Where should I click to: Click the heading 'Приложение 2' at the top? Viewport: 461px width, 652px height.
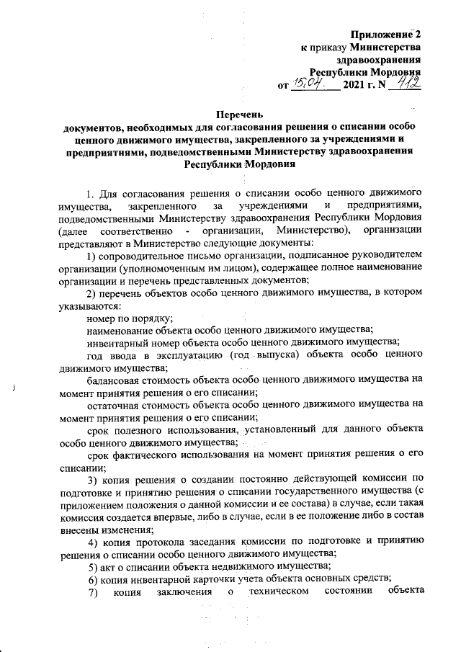tap(385, 34)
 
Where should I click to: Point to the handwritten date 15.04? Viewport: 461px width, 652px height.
tap(306, 86)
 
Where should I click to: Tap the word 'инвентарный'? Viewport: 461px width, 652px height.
tap(115, 341)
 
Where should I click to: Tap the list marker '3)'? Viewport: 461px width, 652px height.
tap(91, 481)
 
